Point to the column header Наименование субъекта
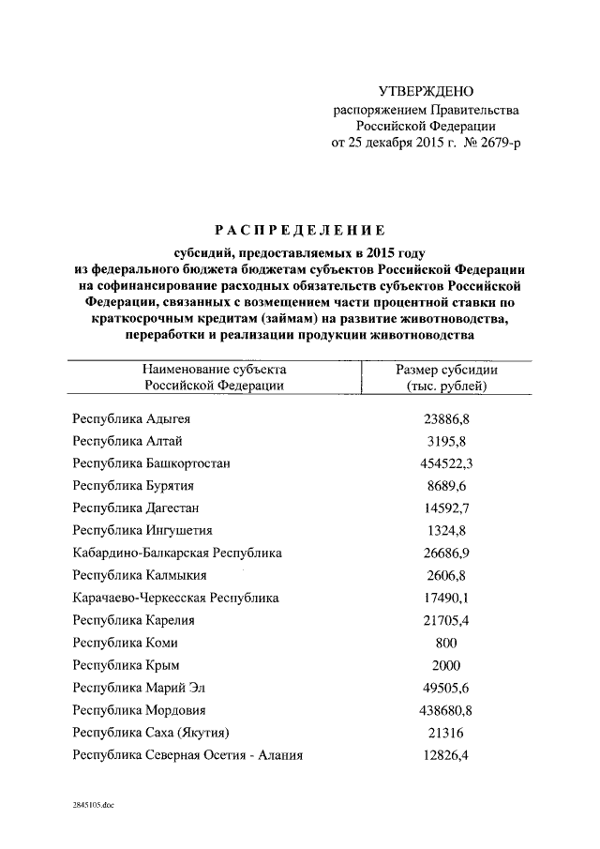215,370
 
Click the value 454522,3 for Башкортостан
446,462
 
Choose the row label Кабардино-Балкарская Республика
177,553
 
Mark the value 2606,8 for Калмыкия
446,575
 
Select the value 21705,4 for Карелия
446,620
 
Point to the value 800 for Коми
446,643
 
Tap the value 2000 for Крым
446,665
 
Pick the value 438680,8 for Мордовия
446,710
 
